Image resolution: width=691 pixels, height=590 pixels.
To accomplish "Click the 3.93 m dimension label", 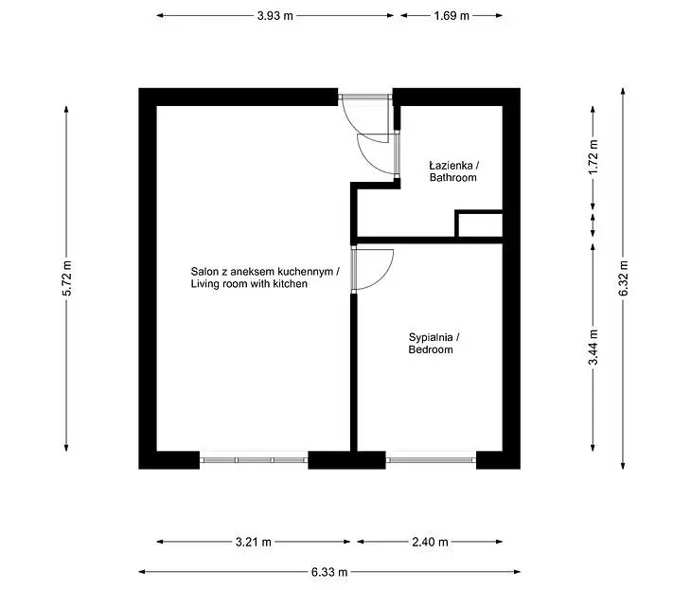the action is (x=275, y=16).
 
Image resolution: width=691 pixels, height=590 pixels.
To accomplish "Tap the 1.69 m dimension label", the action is (x=452, y=16).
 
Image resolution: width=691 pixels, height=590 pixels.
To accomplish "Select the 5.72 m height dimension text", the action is (x=66, y=278).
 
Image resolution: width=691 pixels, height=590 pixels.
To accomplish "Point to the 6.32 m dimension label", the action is (x=623, y=278).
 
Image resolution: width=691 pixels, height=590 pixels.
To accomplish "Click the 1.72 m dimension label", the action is (x=594, y=157).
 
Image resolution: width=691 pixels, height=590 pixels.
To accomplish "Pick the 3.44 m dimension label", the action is (x=594, y=348).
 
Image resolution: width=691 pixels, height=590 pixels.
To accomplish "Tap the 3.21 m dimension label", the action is (x=254, y=542).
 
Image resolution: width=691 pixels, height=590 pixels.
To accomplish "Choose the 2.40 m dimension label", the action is (x=430, y=542).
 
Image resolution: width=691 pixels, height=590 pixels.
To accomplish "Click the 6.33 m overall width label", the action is (x=329, y=572).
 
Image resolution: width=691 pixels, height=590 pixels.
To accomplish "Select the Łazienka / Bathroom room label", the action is (x=454, y=171).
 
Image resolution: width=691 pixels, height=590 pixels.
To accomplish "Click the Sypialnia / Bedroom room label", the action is (x=434, y=344).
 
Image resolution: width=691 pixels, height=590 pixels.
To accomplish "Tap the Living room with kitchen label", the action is (x=249, y=283).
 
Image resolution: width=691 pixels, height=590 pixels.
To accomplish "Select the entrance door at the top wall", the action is (x=364, y=97).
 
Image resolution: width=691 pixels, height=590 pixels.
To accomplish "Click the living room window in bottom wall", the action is (x=254, y=460).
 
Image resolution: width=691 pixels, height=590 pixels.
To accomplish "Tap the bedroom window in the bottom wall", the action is (x=431, y=460).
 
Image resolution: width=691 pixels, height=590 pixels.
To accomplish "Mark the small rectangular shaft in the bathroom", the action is (x=479, y=224).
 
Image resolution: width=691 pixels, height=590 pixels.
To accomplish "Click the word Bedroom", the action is (x=431, y=349).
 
